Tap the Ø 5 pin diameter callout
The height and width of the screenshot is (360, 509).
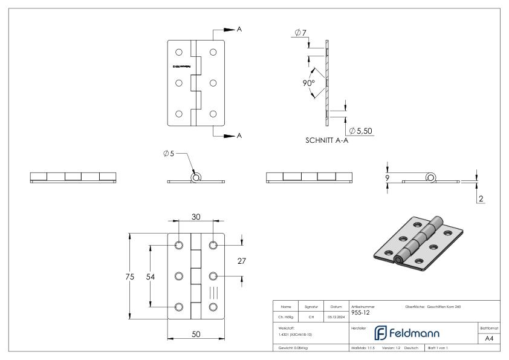[169, 153]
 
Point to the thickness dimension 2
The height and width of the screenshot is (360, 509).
[479, 198]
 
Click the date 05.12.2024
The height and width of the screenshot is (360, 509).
[336, 316]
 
